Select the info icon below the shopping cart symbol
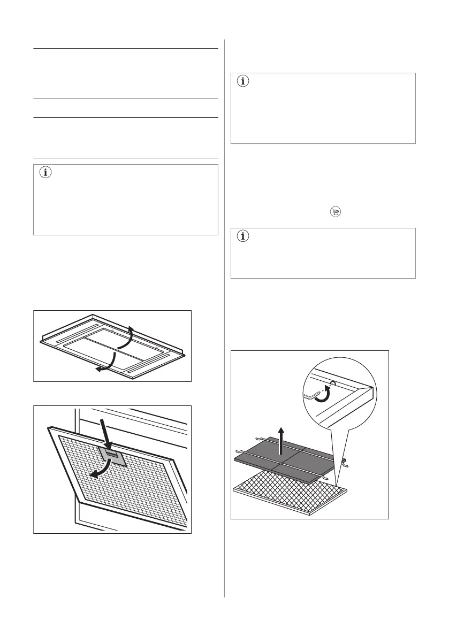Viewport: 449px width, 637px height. tap(243, 237)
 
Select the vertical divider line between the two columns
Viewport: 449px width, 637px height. tap(224, 321)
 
